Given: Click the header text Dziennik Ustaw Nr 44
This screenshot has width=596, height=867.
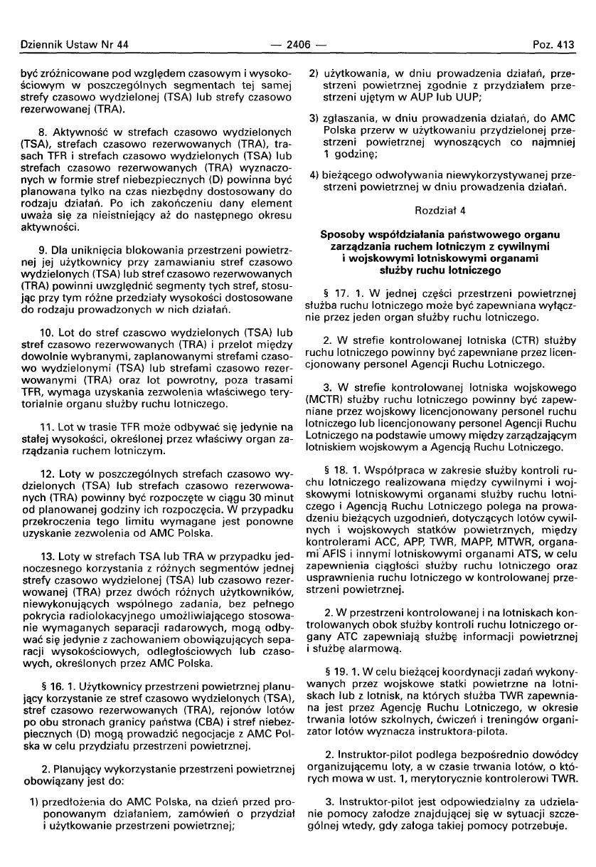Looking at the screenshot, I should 70,45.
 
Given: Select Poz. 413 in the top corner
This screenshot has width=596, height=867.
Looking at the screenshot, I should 553,45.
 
